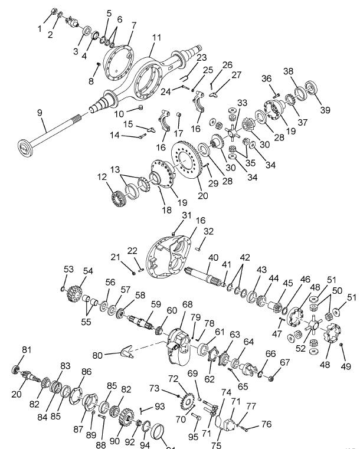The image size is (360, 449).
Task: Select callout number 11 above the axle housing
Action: click(156, 37)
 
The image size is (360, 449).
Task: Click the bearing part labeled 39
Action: click(310, 89)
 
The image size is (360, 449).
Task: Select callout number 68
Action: click(188, 304)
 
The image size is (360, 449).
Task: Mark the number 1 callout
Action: click(40, 28)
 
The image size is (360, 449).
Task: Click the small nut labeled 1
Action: click(54, 12)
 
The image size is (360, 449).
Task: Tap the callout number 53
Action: click(68, 268)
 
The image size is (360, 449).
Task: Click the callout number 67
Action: click(285, 362)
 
